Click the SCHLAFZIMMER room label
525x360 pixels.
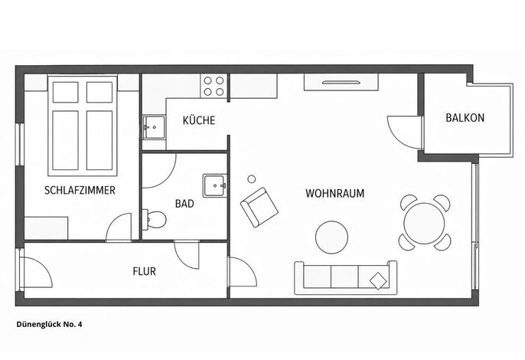80,191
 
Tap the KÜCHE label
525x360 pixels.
199,120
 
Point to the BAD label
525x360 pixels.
184,204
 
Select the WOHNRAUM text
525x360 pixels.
335,194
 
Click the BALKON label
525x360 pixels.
465,118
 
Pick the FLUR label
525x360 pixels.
145,271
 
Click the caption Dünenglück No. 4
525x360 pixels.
49,324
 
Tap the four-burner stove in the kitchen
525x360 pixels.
214,86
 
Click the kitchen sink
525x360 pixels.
154,127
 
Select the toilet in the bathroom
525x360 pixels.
155,220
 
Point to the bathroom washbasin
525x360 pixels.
214,185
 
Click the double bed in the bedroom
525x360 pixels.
83,126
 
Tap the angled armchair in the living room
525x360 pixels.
259,207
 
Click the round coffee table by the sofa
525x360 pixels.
331,237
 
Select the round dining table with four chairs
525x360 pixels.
424,223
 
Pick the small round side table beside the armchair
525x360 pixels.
252,179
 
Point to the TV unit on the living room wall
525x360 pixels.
341,82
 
